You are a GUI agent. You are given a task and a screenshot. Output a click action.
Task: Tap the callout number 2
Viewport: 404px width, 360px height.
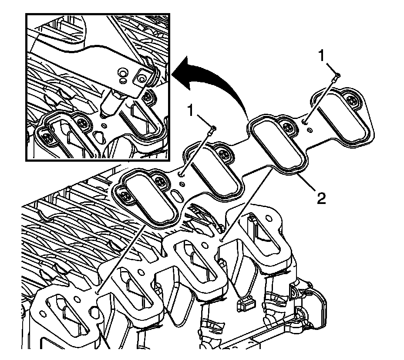pyautogui.click(x=321, y=200)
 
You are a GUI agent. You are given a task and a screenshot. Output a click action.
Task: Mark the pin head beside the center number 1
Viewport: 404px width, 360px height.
pyautogui.click(x=212, y=129)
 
